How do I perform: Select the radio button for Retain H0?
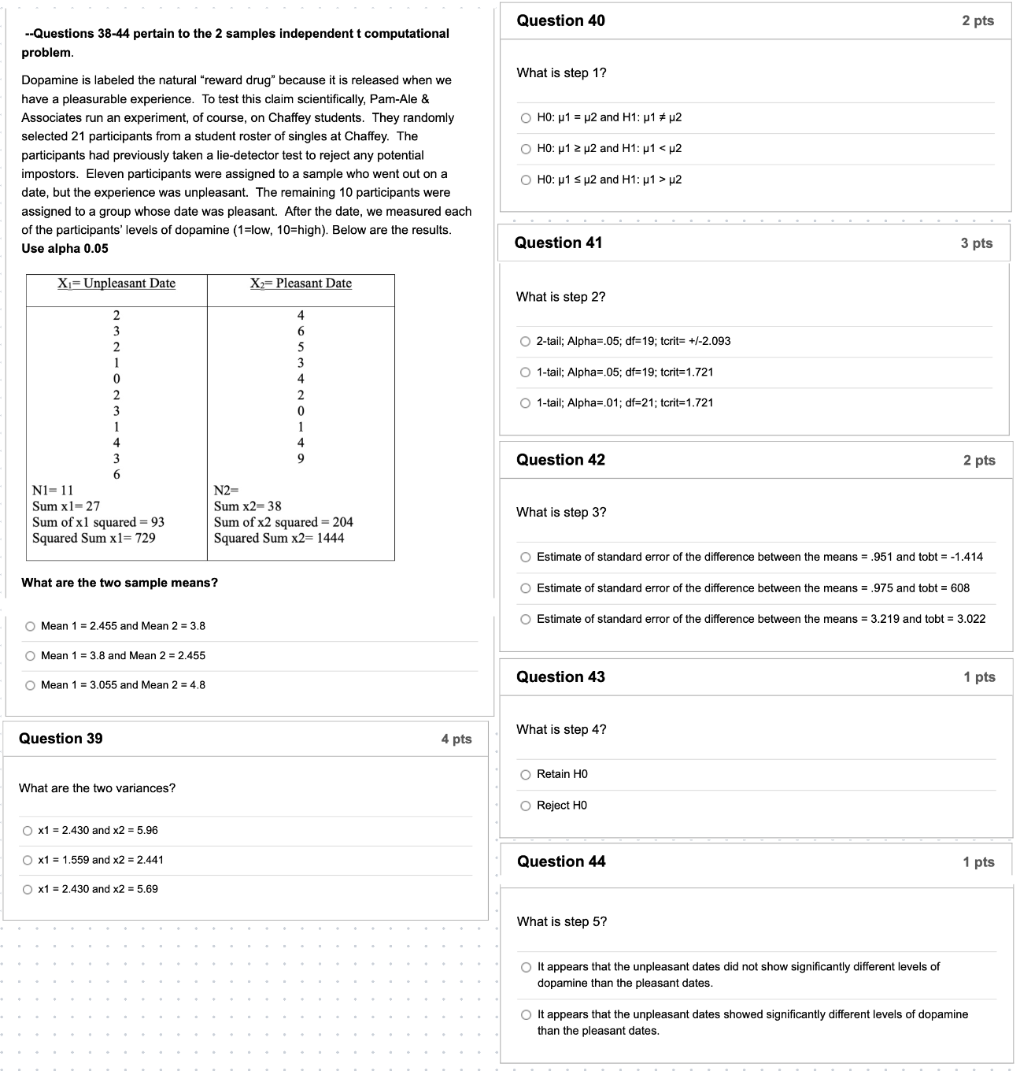coord(526,775)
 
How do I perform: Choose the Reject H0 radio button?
coord(526,806)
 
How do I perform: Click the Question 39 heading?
coord(61,739)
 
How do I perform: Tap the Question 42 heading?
coord(560,460)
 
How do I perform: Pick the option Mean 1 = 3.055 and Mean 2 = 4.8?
coord(30,685)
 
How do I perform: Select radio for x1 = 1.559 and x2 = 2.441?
coord(28,860)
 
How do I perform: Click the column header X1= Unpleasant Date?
coord(116,283)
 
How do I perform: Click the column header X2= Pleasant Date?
coord(301,283)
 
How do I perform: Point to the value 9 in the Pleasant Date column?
coord(301,458)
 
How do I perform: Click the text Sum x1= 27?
coord(66,506)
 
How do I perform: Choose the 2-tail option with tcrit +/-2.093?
coord(526,342)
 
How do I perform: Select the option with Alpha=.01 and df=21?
coord(526,403)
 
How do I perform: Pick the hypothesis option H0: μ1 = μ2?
coord(526,118)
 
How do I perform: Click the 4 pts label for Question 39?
coord(456,739)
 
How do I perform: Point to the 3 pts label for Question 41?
coord(976,243)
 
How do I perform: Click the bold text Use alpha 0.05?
coord(65,249)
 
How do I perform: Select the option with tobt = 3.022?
coord(526,620)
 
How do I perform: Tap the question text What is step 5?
coord(561,922)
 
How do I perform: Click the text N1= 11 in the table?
coord(53,491)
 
